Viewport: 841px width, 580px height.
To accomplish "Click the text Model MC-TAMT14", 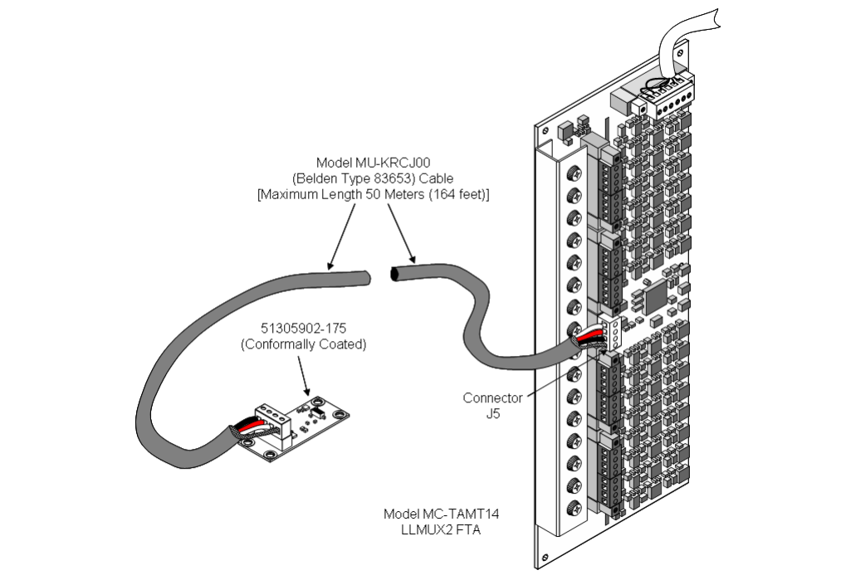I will coord(432,514).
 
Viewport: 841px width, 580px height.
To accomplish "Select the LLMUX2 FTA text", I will coord(432,529).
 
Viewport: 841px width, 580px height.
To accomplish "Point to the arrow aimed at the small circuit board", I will coord(307,383).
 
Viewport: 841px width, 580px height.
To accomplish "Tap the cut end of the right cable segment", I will coord(395,274).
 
